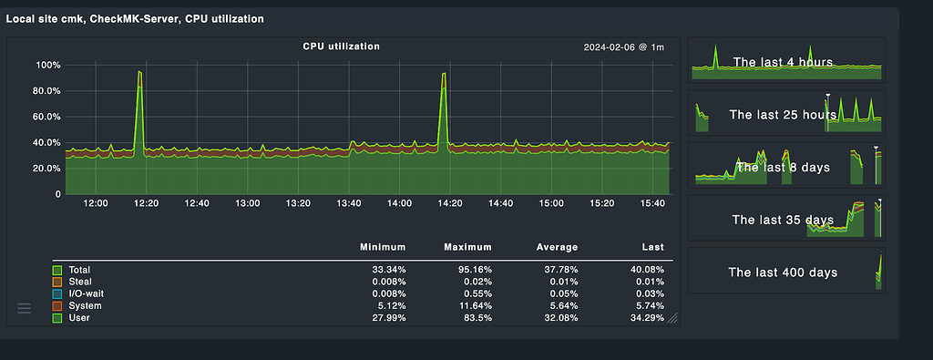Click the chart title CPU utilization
pos(342,46)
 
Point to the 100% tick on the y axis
pos(48,66)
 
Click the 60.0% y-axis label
pos(46,117)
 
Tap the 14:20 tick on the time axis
pos(449,204)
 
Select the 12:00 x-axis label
pos(96,204)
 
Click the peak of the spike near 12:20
pos(139,71)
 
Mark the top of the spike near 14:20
pos(443,74)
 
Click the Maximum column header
pos(467,247)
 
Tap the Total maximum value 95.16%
pos(473,270)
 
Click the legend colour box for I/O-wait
pos(57,293)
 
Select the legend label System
pos(85,305)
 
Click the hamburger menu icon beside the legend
pos(25,309)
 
